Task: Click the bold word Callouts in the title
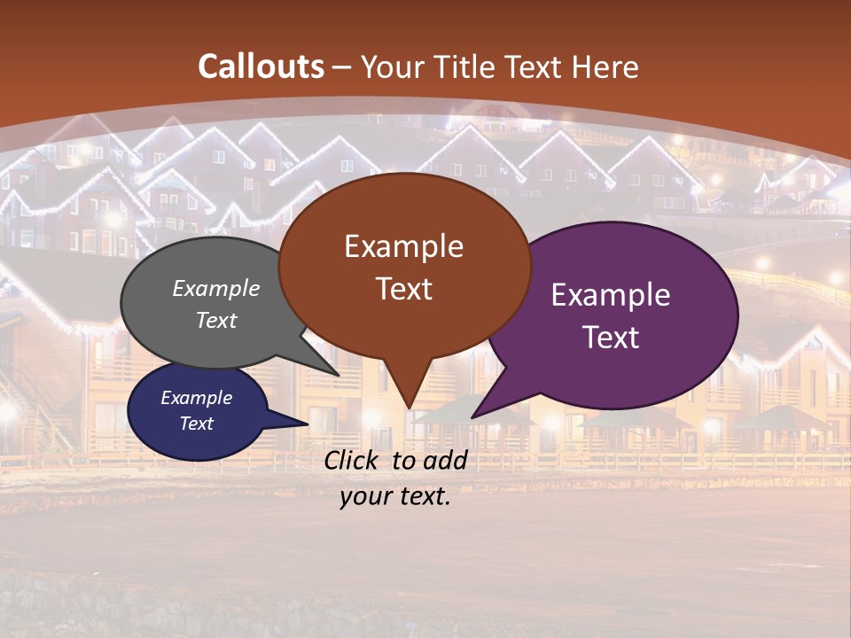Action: (x=261, y=66)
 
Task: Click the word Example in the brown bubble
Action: (x=403, y=246)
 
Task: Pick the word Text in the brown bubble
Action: (x=403, y=289)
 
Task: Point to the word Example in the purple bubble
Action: (x=610, y=295)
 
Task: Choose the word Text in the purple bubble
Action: (x=611, y=337)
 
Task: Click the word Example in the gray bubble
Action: (x=216, y=288)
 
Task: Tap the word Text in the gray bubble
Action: (x=216, y=320)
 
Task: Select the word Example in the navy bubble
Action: (x=196, y=398)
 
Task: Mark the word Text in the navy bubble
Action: (x=196, y=424)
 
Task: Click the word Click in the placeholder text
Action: (x=353, y=460)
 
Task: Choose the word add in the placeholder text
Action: (x=445, y=460)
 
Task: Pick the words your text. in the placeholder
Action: (x=394, y=497)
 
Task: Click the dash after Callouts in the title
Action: (x=342, y=67)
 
